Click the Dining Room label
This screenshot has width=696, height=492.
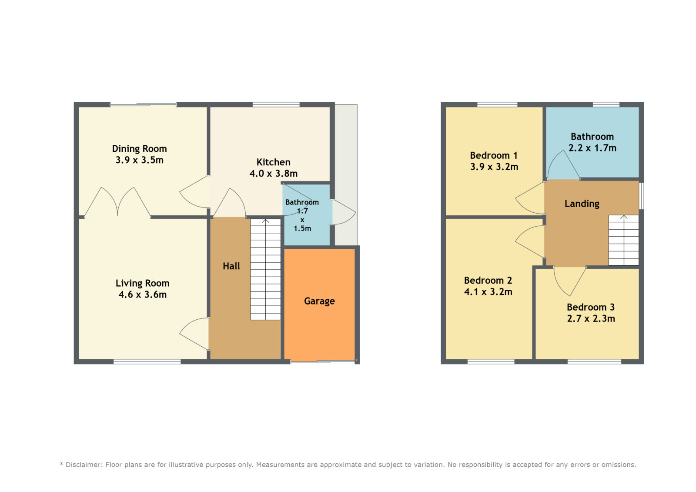pos(140,149)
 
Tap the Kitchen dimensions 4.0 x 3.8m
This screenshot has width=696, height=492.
pos(274,174)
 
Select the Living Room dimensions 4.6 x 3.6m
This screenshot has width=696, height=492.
pos(143,295)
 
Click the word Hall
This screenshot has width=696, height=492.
pos(231,266)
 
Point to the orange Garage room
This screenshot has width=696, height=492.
pos(319,304)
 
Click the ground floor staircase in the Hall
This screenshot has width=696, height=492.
pos(266,269)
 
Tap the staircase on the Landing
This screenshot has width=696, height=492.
pos(623,240)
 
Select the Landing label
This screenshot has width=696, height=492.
pos(582,204)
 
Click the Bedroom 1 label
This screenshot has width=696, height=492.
pos(494,155)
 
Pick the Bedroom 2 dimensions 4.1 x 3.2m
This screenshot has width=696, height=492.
pos(488,291)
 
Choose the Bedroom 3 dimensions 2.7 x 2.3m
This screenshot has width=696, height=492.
pos(591,318)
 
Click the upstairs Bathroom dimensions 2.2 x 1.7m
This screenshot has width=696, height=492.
pos(592,148)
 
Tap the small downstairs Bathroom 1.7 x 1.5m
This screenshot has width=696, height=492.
pos(306,215)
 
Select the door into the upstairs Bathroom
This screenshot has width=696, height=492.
pos(563,165)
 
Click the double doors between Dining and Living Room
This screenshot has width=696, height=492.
pos(118,202)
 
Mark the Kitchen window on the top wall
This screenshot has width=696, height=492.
pos(276,104)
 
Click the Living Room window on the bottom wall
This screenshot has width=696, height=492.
pos(147,361)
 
